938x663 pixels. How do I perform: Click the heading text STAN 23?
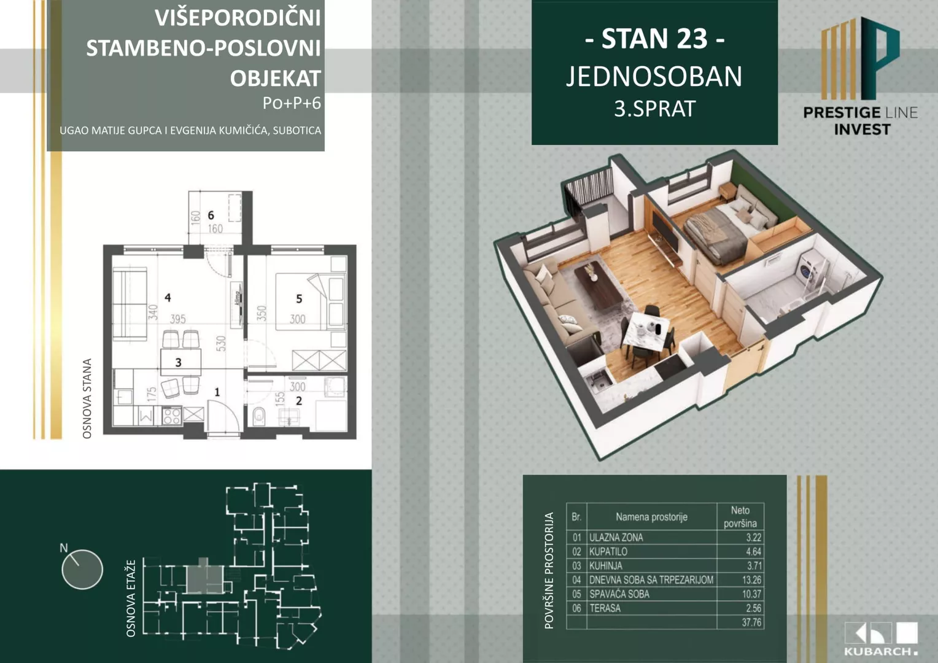654,39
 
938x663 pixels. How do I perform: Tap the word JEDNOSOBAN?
654,77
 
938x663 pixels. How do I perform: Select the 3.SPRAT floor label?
654,109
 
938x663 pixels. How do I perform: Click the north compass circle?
82,569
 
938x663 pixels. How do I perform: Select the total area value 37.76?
751,622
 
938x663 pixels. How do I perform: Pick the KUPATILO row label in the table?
608,551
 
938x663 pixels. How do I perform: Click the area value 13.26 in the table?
751,580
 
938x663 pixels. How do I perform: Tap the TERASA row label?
605,608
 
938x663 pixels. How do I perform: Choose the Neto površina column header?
740,517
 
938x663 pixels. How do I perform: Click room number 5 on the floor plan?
299,299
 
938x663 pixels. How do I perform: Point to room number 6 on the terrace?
211,215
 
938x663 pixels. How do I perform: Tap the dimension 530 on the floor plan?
221,343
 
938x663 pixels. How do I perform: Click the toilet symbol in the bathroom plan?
258,417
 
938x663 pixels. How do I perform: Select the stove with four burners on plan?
172,416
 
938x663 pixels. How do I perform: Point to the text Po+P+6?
292,103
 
